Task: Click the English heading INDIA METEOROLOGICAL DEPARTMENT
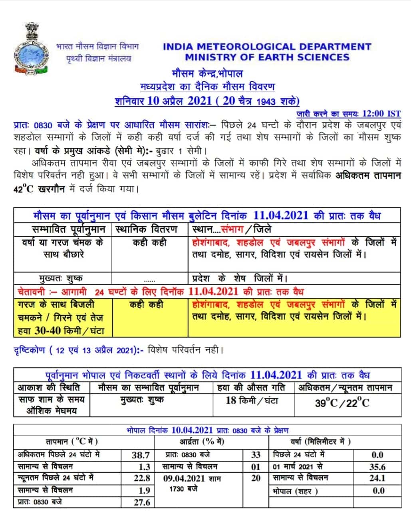(x=267, y=47)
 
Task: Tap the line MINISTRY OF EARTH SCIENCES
(x=267, y=57)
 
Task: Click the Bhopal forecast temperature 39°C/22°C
(x=342, y=403)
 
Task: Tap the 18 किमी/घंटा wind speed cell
(x=252, y=400)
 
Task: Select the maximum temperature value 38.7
(x=141, y=455)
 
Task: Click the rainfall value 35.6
(x=377, y=467)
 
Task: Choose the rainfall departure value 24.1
(x=377, y=478)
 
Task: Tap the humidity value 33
(x=256, y=455)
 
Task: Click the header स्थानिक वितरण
(x=147, y=230)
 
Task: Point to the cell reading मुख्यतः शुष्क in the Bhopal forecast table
(x=142, y=400)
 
